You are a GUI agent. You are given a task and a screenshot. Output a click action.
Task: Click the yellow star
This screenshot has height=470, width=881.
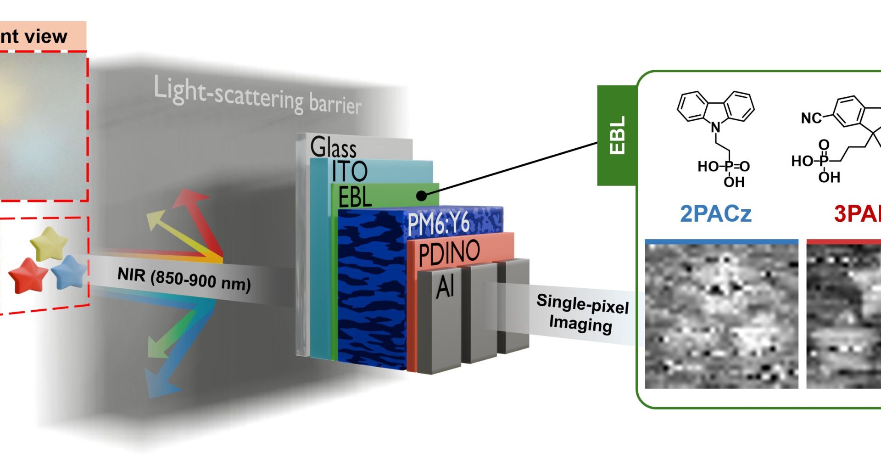49,243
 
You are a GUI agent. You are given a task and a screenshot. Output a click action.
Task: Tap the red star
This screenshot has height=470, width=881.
28,274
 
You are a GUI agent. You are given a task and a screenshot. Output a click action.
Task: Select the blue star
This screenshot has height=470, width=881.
69,271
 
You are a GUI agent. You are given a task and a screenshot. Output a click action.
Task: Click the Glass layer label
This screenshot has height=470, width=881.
333,147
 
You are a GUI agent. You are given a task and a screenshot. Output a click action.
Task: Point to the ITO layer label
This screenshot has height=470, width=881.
350,172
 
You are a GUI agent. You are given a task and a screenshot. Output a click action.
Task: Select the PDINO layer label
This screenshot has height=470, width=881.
449,252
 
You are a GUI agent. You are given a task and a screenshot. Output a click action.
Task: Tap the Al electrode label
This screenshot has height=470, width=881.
445,286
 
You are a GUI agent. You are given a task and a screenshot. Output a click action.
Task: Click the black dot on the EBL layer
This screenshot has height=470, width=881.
421,196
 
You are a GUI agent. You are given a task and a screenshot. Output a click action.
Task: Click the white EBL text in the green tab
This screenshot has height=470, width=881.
617,135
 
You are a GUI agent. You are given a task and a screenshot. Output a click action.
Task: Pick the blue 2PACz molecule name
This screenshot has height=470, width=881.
716,213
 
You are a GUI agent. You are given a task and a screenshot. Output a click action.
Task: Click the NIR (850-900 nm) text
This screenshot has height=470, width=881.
184,279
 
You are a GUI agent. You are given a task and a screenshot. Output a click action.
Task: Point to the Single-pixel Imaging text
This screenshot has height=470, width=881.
582,313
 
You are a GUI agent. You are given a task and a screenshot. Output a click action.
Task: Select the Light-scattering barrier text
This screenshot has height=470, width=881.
257,96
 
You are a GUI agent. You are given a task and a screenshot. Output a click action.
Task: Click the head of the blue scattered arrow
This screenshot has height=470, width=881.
158,384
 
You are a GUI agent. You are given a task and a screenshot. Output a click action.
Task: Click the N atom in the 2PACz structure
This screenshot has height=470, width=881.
716,127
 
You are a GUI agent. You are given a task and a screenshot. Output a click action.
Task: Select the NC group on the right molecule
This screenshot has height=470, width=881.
811,118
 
